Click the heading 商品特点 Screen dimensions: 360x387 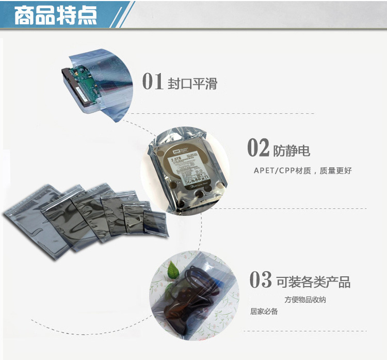55,15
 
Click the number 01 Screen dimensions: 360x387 153,81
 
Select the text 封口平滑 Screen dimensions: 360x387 192,83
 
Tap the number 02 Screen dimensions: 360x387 259,148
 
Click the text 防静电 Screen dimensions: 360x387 292,150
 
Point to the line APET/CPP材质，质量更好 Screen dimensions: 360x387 302,170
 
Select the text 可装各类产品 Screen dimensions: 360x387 313,282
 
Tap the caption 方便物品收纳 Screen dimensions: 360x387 304,300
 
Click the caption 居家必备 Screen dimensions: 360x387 264,311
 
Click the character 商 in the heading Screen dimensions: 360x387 24,15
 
